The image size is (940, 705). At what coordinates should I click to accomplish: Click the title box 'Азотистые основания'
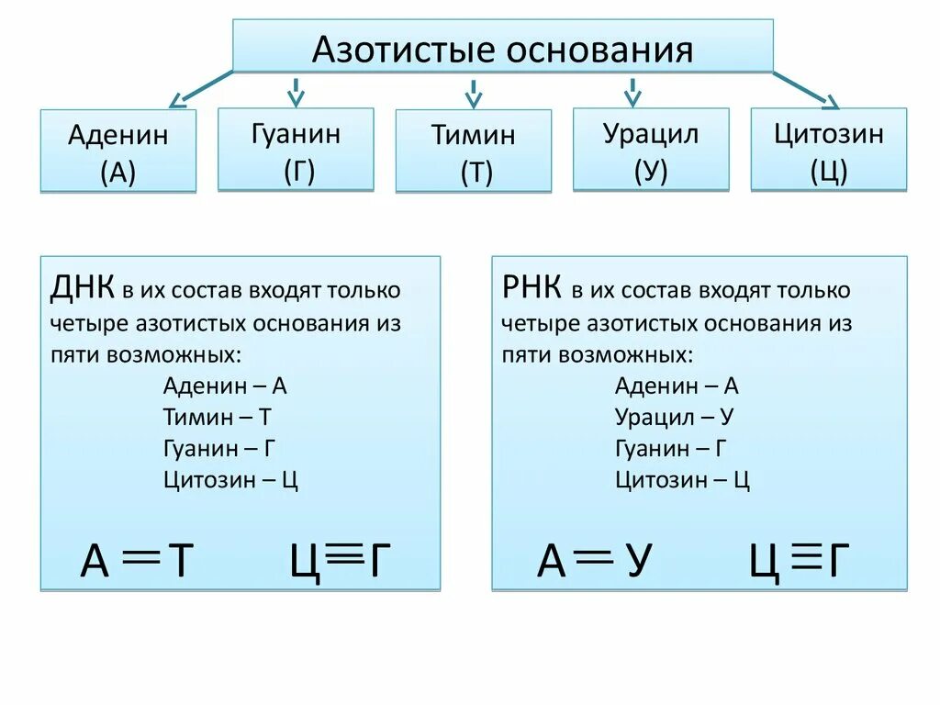502,46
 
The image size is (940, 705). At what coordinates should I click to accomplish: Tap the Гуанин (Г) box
296,150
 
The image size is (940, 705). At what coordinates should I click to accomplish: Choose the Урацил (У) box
651,150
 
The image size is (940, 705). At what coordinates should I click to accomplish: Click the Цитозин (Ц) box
828,150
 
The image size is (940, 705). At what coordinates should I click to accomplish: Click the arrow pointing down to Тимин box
474,93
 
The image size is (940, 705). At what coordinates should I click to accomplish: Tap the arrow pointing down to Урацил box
632,91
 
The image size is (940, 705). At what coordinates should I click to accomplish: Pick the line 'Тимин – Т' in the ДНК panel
218,417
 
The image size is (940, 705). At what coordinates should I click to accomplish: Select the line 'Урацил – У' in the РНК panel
674,417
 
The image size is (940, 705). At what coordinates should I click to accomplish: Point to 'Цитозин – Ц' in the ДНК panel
230,479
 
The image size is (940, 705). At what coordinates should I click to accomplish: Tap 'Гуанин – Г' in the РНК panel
671,448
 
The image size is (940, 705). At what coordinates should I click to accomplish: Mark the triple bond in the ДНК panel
342,552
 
